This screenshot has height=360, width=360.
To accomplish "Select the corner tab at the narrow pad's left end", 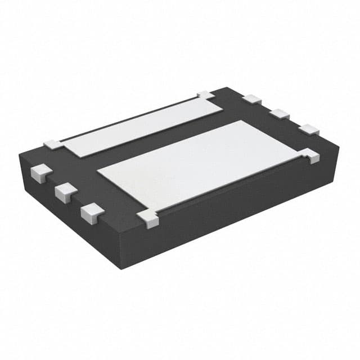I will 54,145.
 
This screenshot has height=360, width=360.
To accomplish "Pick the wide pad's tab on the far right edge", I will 311,155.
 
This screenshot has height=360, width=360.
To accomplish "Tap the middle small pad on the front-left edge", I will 66,192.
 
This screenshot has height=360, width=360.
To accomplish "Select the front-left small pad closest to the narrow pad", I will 41,172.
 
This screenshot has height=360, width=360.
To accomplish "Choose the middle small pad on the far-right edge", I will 279,114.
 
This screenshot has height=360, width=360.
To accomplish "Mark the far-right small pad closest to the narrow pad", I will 252,99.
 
